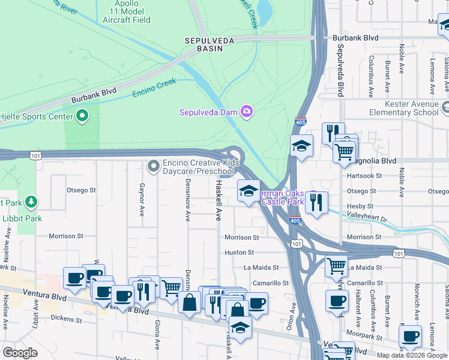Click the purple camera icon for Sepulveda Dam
click(246, 111)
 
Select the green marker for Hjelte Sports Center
click(82, 116)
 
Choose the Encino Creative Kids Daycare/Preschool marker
click(154, 164)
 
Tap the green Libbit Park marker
click(30, 202)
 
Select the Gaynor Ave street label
click(142, 200)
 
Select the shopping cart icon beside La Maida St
click(337, 265)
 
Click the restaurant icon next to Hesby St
click(316, 202)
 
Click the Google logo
click(20, 353)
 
